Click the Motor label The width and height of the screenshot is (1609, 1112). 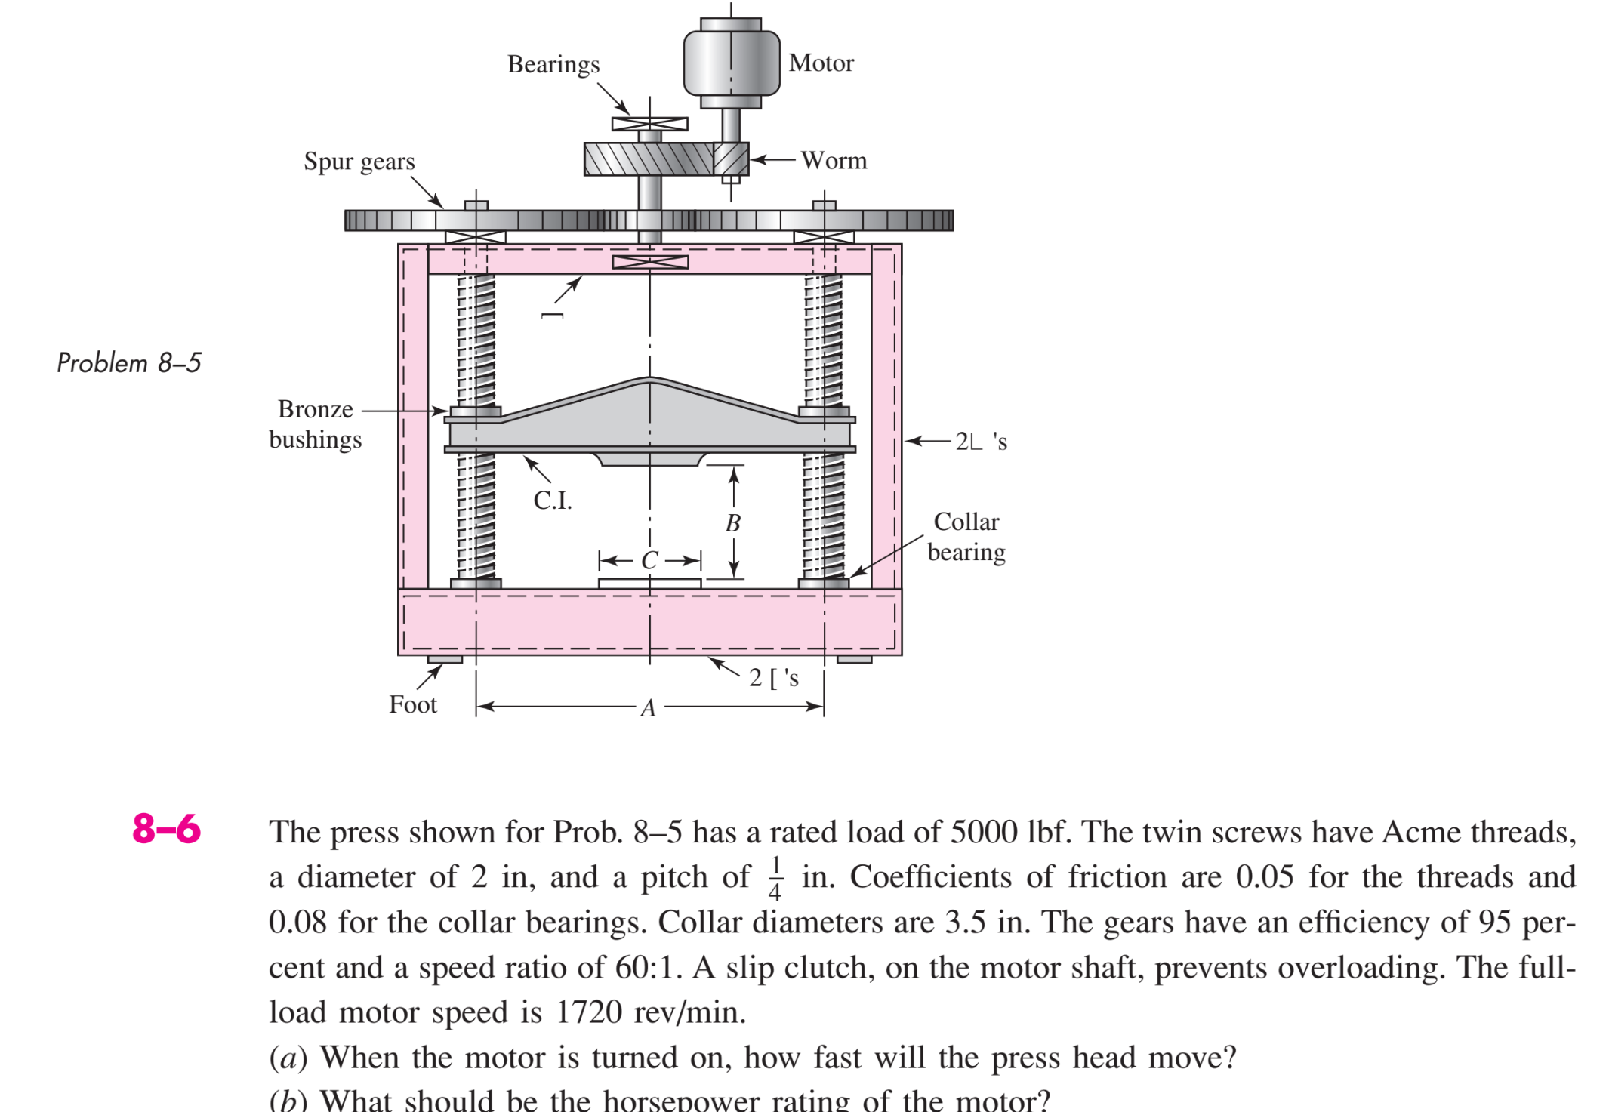821,63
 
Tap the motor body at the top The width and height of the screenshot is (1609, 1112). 731,63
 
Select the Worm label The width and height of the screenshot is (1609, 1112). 834,160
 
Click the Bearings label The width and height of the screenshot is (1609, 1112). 553,65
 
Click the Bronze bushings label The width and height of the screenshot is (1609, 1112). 316,424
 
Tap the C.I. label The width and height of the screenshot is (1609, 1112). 553,500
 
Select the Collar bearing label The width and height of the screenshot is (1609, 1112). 966,537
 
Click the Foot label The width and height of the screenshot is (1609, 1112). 413,704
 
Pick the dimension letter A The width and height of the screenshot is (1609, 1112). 648,708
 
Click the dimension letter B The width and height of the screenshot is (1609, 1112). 732,523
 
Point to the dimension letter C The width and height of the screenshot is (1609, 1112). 649,560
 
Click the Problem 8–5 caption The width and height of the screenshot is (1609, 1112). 129,363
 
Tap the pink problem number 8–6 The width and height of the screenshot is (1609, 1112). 166,829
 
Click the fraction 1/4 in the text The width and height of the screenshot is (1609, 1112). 775,878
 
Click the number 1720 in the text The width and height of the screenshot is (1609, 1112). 589,1012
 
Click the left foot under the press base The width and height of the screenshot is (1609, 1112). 445,660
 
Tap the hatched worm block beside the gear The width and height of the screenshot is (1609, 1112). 731,159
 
